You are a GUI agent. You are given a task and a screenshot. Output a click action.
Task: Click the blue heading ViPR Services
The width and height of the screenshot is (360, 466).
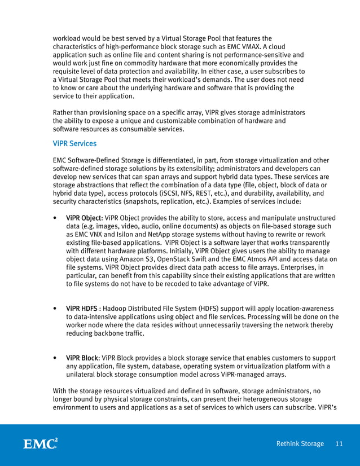click(x=74, y=144)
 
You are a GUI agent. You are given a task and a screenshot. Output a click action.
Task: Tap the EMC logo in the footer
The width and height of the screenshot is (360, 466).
click(x=40, y=443)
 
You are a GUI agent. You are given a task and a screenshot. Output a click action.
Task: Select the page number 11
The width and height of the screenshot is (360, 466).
click(x=339, y=444)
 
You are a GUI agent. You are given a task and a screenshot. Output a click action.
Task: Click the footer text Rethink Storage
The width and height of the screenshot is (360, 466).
click(x=300, y=444)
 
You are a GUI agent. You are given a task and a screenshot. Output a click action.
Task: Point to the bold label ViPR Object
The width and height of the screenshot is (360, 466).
click(x=84, y=218)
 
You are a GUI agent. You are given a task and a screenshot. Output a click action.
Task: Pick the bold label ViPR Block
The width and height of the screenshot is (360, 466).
click(x=82, y=358)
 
